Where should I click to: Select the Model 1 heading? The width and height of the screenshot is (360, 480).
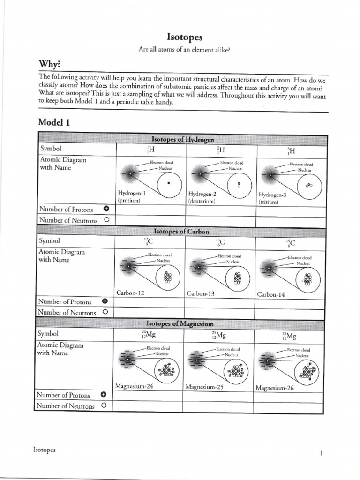click(54, 122)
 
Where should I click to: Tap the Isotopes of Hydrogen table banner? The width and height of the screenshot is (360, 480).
click(183, 139)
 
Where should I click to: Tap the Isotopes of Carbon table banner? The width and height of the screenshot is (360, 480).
click(181, 232)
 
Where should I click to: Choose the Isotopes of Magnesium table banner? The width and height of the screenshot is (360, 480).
click(180, 324)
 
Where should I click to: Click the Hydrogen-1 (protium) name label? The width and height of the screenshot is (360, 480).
click(132, 197)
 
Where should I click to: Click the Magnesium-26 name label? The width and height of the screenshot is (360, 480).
click(274, 388)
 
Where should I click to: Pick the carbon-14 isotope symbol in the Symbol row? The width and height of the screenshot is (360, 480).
click(291, 242)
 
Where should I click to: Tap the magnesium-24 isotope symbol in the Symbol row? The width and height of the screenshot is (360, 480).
click(148, 335)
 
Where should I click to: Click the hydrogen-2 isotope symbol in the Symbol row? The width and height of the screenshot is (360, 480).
click(220, 150)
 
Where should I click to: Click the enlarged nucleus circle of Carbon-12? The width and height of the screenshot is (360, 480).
click(167, 278)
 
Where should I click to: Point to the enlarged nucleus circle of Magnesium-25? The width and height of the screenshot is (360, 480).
click(236, 371)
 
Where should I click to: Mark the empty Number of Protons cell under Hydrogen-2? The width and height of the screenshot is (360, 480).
click(220, 210)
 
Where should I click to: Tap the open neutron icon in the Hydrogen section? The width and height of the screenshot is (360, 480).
click(106, 220)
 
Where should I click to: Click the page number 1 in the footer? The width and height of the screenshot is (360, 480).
click(321, 453)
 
